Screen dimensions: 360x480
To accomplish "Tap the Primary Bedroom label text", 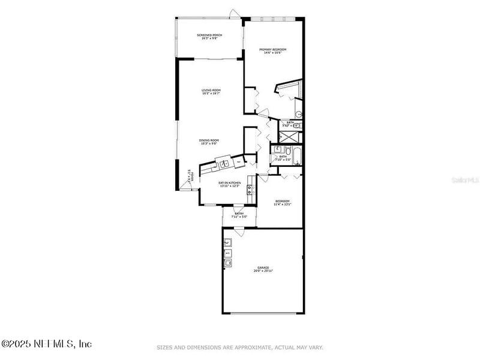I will tap(272, 51).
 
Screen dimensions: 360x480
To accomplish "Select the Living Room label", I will tap(211, 92).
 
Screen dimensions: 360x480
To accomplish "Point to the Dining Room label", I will tap(209, 142).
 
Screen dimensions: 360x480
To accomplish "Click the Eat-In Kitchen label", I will tap(229, 184).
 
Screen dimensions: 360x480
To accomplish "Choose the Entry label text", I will tap(239, 215).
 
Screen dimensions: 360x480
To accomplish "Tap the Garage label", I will tap(263, 269).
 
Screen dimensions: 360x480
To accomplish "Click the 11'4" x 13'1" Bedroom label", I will tap(283, 203).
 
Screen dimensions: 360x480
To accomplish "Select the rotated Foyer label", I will tap(189, 175).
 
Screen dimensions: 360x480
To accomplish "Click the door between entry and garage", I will tap(238, 233).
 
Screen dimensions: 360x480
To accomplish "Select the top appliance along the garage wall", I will tap(228, 242).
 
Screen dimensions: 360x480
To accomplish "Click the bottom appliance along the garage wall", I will tap(228, 262).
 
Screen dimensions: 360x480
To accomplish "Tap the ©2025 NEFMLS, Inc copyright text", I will tap(46, 344).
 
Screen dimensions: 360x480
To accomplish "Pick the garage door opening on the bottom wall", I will tap(262, 313).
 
